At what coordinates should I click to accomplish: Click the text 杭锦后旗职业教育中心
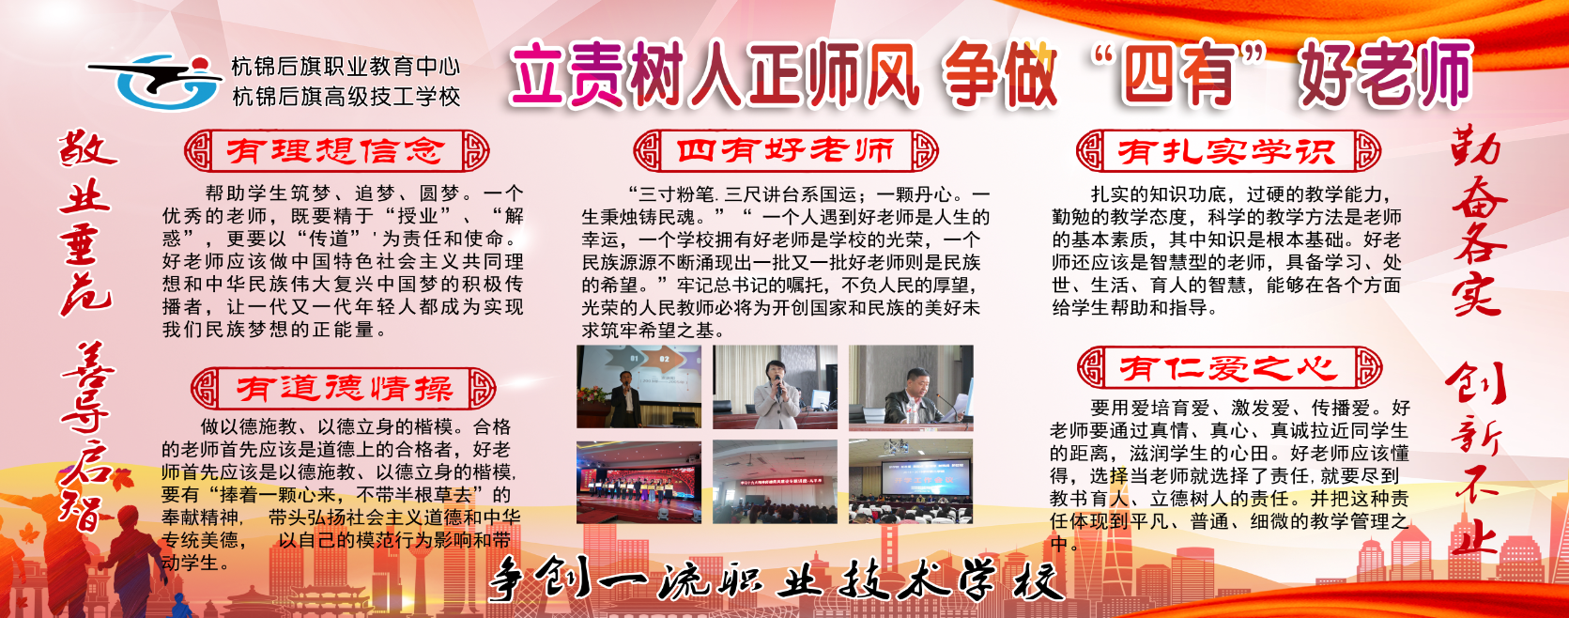click(346, 68)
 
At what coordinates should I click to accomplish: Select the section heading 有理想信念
click(336, 150)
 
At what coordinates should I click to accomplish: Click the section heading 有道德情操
click(344, 388)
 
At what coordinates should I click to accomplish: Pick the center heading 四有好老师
click(785, 150)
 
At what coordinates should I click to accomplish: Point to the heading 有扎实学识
click(1228, 151)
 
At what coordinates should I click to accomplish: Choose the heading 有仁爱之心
click(1229, 368)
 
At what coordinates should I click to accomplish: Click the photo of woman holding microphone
click(775, 387)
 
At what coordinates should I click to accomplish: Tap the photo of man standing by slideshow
click(638, 387)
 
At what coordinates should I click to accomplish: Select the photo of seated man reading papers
click(911, 388)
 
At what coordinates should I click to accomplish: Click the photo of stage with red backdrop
click(638, 482)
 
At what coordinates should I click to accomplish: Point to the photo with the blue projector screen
click(911, 482)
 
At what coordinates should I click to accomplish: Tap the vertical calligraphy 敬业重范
click(87, 223)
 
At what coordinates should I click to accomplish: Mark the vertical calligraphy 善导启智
click(89, 437)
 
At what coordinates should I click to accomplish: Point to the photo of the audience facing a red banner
click(775, 482)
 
